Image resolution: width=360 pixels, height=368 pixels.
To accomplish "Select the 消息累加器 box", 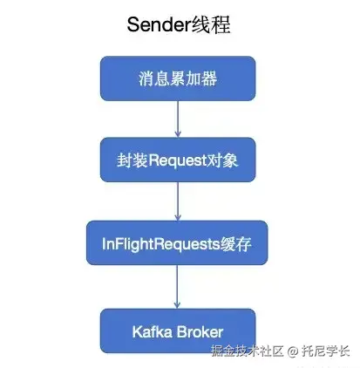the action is coord(178,78).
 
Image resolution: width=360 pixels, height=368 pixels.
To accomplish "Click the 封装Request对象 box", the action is coord(178,160).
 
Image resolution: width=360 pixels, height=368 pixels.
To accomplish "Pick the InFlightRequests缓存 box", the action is coord(177,242).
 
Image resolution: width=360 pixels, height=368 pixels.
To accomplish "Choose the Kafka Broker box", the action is coord(178,331).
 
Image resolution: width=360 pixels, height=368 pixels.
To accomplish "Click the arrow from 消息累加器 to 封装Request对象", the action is coord(178,119).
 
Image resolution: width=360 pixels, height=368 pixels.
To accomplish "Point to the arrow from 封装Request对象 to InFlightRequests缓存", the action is coord(178,201).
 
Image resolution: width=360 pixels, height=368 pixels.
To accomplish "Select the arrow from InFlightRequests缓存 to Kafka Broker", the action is coord(177,287).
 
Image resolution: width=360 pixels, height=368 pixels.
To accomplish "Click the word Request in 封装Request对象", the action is coord(177,160).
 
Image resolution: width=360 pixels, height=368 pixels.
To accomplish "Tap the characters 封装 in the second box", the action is coord(132,160).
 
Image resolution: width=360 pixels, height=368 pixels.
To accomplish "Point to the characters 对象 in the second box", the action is coord(222,160).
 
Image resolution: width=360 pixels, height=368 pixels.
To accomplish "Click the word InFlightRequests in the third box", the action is coord(160,243).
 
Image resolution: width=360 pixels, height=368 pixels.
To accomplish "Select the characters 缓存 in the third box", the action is coord(235,243).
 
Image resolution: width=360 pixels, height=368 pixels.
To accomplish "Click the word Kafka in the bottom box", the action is coord(153,331).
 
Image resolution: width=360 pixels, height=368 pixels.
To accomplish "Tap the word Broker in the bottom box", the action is coord(200,331).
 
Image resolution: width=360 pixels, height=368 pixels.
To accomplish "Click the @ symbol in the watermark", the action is coord(293,351).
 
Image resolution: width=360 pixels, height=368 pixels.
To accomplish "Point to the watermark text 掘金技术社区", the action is coord(248,351).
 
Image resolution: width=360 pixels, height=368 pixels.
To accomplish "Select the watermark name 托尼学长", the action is coord(325,351).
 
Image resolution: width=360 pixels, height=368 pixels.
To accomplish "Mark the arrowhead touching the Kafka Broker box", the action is coord(177,305).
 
